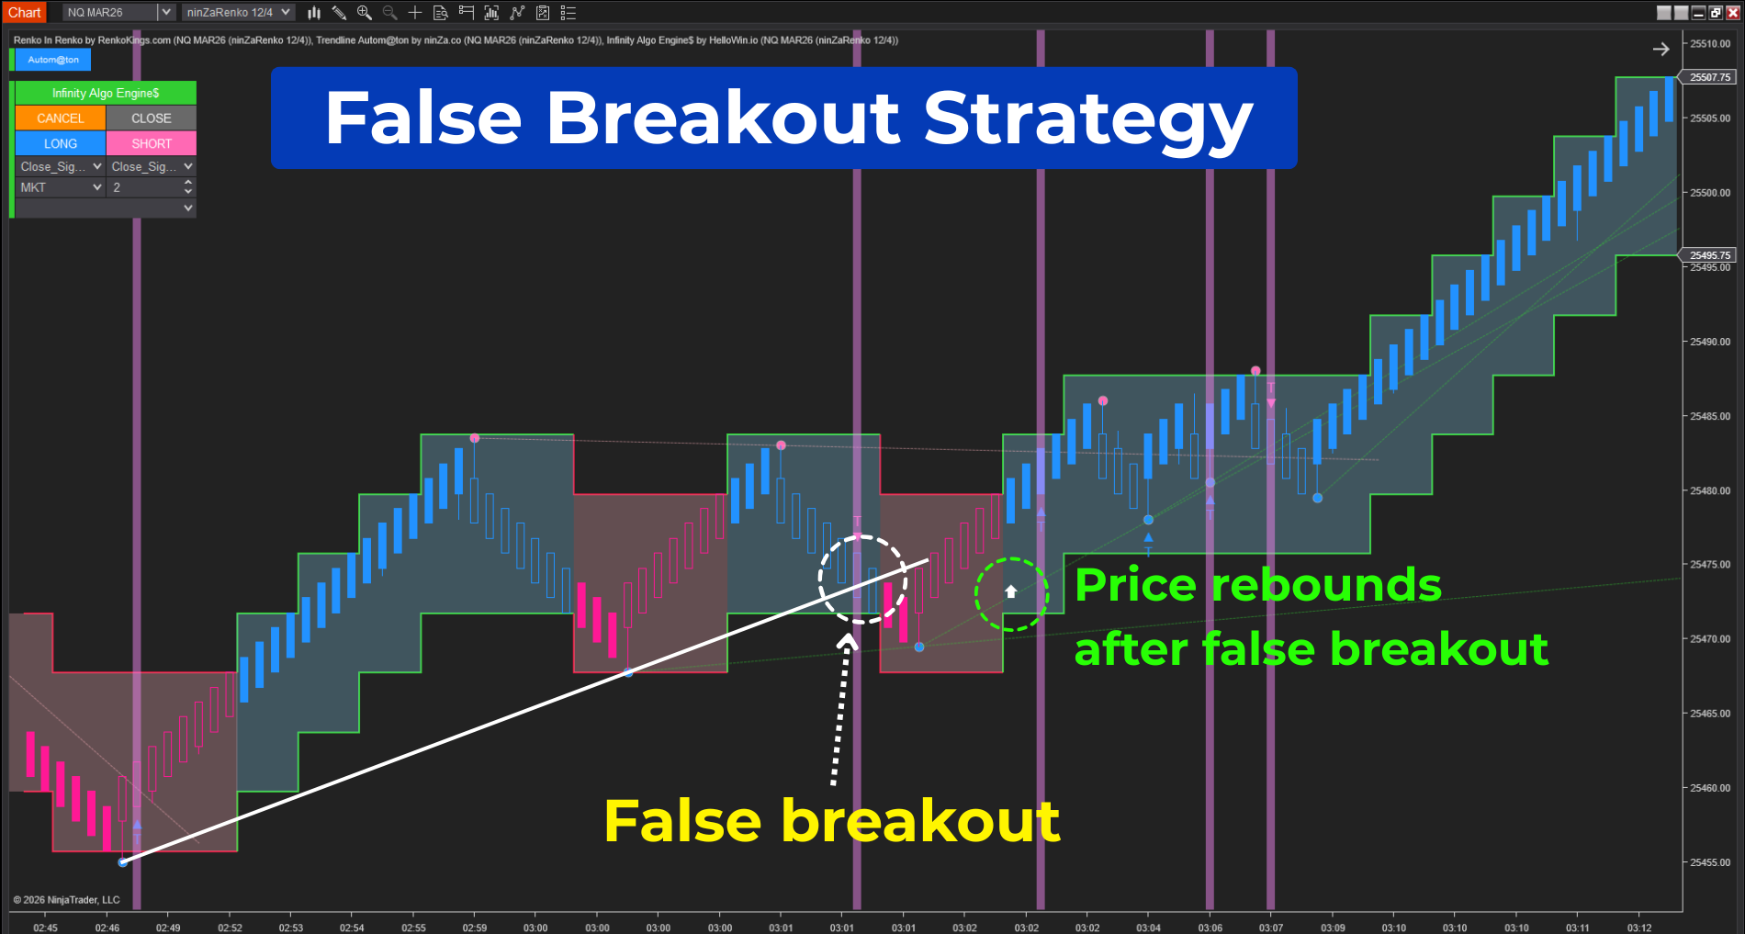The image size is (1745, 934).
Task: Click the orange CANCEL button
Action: tap(60, 118)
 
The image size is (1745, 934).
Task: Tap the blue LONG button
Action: tap(60, 144)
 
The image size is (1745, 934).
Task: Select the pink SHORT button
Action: tap(152, 144)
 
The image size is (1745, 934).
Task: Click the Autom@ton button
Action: tap(53, 60)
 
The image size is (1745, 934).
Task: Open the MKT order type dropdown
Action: tap(61, 187)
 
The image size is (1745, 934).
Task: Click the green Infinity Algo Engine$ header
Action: tap(106, 93)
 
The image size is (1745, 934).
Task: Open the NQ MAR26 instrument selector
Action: tap(118, 12)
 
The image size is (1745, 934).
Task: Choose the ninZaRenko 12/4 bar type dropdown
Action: tap(238, 12)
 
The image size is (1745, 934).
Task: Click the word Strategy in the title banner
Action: tap(1087, 119)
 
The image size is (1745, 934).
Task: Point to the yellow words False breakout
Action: tap(831, 820)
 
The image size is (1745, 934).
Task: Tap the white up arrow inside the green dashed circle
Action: tap(1010, 592)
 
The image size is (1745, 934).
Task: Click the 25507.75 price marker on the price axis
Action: tap(1709, 77)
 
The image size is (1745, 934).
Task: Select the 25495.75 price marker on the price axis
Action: tap(1709, 255)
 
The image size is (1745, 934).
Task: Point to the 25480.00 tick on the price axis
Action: tap(1709, 490)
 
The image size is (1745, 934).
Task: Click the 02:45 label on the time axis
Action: tap(45, 928)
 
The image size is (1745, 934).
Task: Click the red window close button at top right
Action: tap(1732, 12)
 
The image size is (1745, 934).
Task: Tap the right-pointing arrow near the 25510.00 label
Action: tap(1661, 49)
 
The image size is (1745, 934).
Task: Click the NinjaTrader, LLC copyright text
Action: tap(66, 900)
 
